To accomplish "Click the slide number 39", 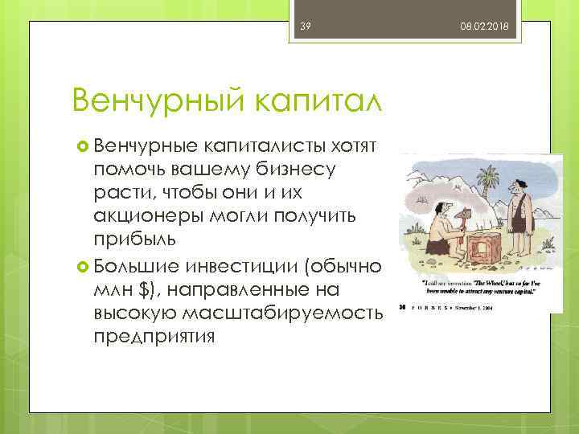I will (306, 27).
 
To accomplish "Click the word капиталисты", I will (272, 145).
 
